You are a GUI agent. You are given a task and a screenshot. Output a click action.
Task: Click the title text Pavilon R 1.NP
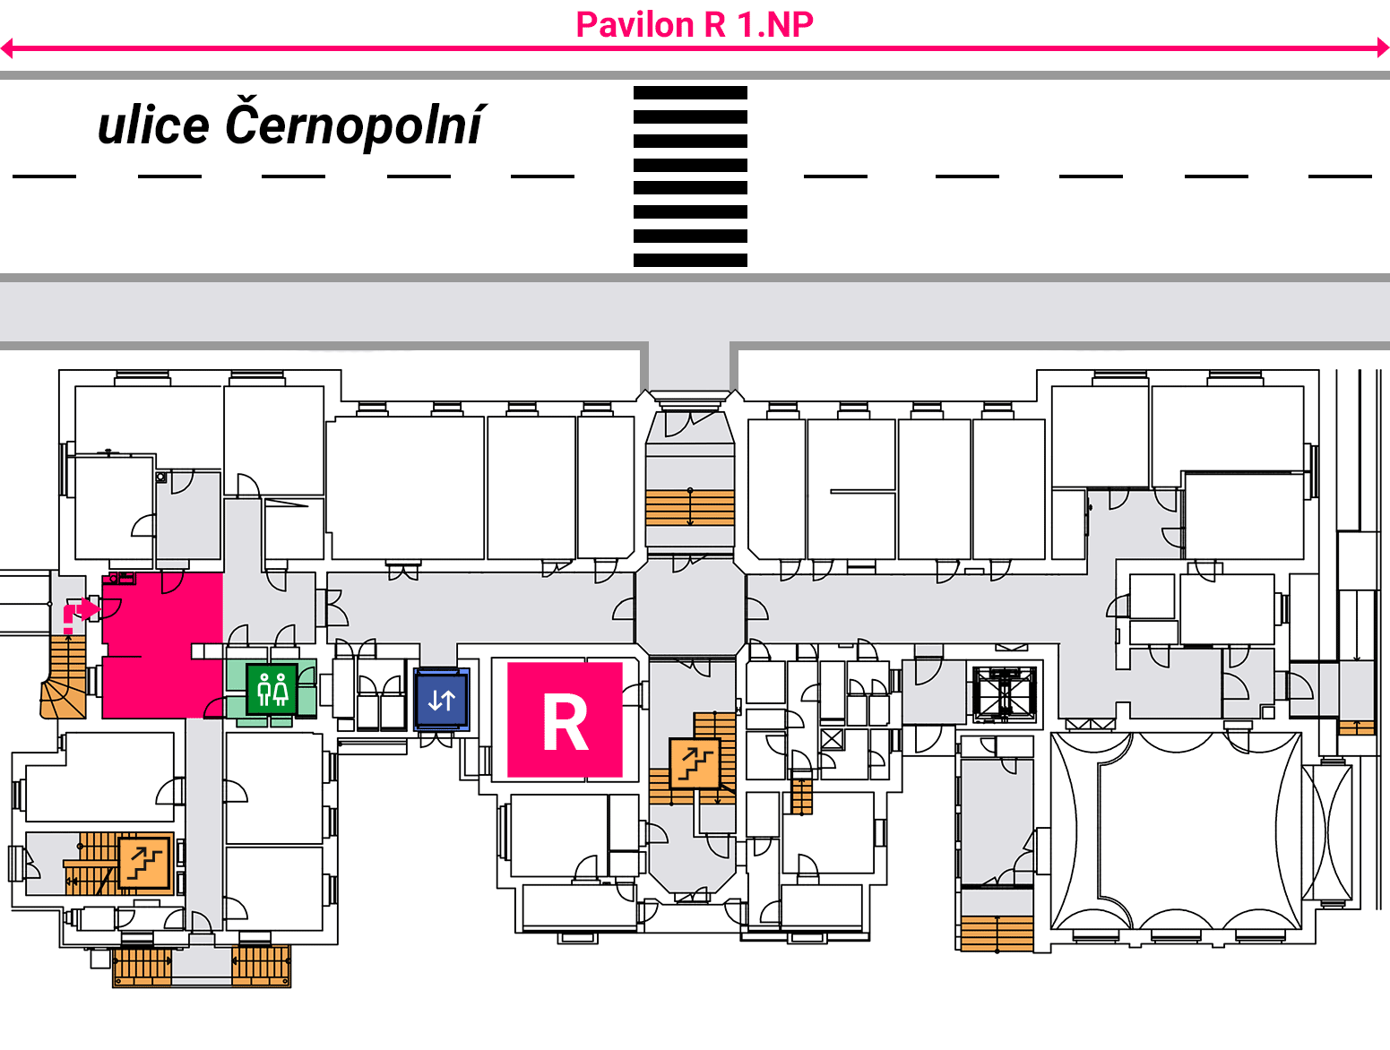point(694,25)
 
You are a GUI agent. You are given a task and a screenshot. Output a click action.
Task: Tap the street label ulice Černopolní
point(291,124)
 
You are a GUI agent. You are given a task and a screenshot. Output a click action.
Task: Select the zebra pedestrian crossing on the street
point(690,176)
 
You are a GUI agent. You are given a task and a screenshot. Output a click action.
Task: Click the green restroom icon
point(272,689)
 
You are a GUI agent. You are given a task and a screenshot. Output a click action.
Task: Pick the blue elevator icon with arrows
point(442,700)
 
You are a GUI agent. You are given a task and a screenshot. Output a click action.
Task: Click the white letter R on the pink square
point(565,721)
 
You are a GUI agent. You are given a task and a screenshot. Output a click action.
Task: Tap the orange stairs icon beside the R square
point(695,762)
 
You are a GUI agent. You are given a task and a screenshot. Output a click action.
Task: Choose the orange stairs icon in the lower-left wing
point(145,863)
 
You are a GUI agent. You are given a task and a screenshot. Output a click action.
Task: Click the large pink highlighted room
point(161,646)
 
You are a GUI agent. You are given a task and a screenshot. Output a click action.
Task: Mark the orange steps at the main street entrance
point(690,508)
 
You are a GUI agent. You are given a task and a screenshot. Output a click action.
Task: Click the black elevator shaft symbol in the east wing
point(1005,693)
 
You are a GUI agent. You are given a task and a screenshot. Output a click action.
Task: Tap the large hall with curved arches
point(1176,831)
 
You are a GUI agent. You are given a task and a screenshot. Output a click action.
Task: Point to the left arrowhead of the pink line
point(6,47)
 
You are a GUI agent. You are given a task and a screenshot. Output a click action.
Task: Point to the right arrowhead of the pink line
point(1383,47)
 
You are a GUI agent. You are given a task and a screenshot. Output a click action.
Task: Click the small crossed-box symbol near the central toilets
point(832,739)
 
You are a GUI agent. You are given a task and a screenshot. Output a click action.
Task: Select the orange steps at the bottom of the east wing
point(997,933)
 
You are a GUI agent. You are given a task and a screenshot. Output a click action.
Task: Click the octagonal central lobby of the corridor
point(690,607)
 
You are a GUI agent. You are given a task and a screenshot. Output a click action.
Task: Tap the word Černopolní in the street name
point(356,124)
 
